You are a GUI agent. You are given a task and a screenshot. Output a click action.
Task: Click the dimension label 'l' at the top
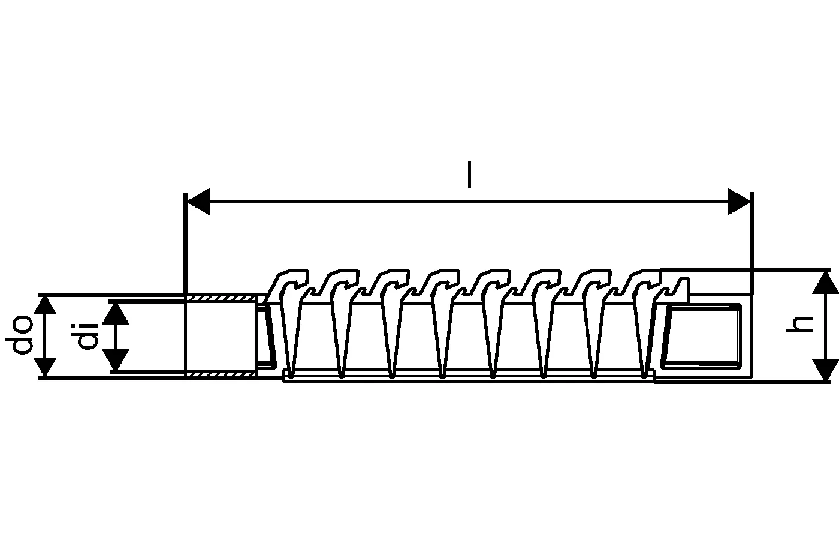pyautogui.click(x=469, y=175)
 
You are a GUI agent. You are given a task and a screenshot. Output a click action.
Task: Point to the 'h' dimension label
pyautogui.click(x=799, y=325)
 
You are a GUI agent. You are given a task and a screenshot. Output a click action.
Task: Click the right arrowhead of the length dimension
pyautogui.click(x=739, y=202)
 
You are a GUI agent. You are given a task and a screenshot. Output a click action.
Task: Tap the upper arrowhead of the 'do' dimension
pyautogui.click(x=44, y=305)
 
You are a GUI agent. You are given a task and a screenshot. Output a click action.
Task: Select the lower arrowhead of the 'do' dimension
pyautogui.click(x=44, y=367)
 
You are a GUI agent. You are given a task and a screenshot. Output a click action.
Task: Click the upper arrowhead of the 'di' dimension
pyautogui.click(x=116, y=313)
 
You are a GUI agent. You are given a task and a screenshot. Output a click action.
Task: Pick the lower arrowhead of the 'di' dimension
pyautogui.click(x=116, y=360)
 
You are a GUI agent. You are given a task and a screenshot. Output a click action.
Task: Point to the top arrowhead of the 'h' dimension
pyautogui.click(x=825, y=283)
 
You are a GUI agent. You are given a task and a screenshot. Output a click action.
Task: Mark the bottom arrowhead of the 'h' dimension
pyautogui.click(x=825, y=370)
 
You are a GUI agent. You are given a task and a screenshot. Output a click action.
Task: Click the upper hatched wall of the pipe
pyautogui.click(x=221, y=298)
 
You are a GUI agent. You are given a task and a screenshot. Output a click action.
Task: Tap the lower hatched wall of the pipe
pyautogui.click(x=221, y=374)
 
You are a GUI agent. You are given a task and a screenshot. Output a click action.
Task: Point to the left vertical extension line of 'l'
pyautogui.click(x=185, y=285)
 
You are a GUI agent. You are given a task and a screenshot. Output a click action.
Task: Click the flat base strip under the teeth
pyautogui.click(x=468, y=376)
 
